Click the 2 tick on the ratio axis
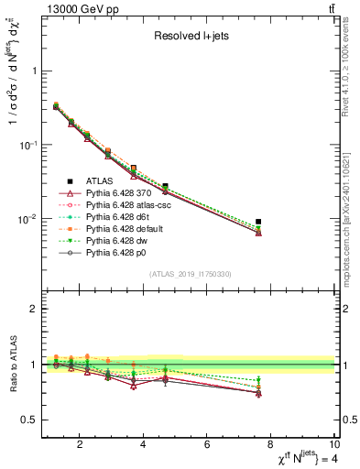click(x=34, y=309)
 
